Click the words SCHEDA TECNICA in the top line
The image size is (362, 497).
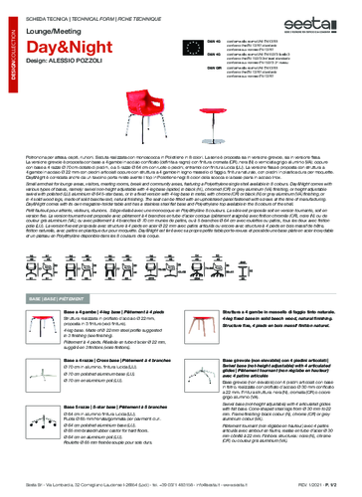coord(45,6)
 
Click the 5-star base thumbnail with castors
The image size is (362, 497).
coord(41,429)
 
